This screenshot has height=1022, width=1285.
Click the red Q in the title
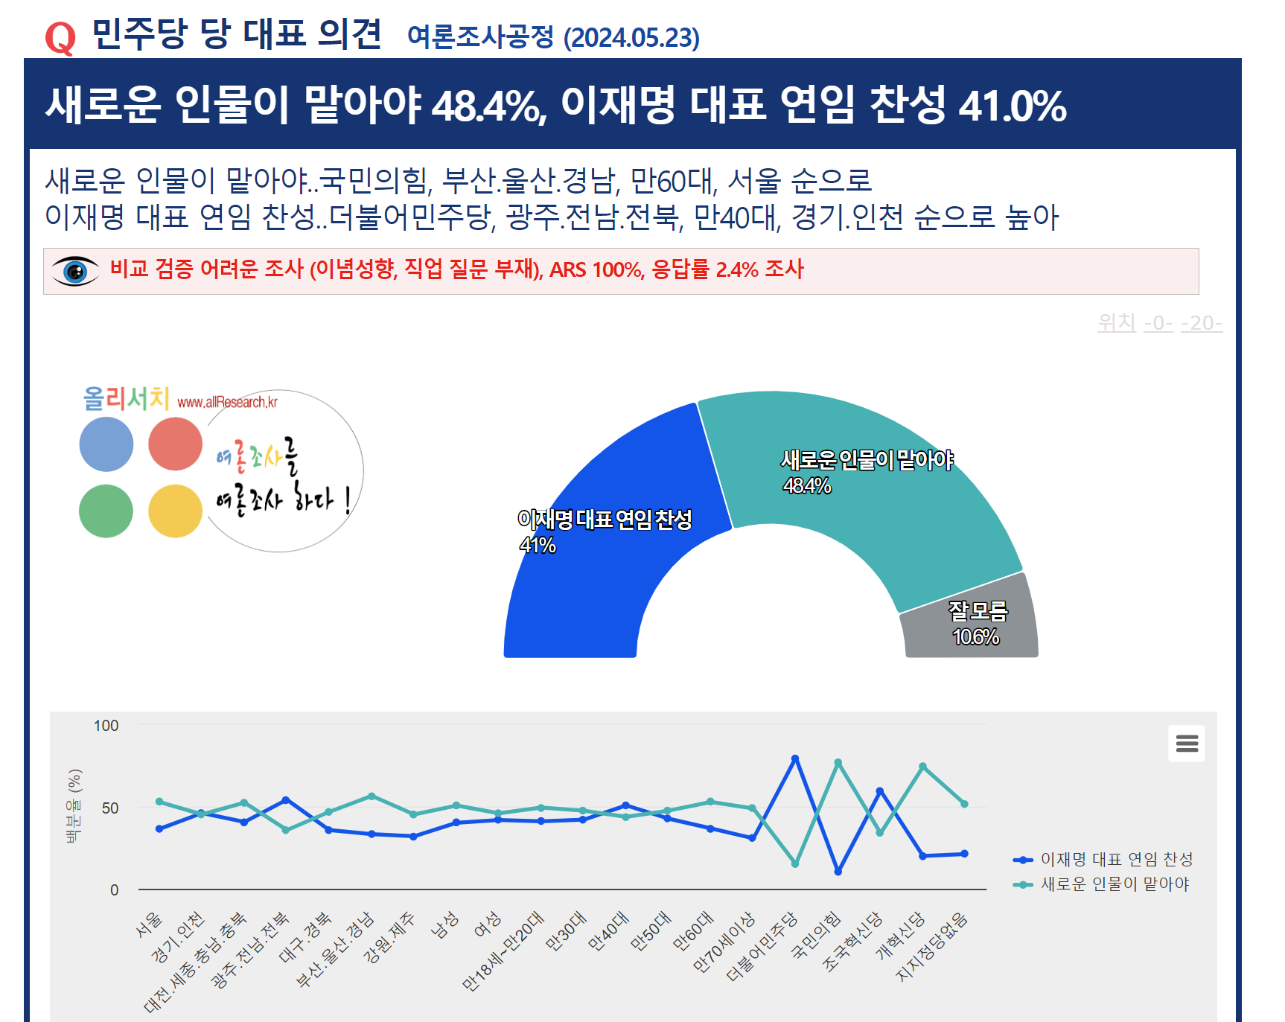tap(60, 37)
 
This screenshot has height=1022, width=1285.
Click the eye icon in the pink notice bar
tap(75, 271)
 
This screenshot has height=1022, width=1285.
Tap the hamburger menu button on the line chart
tap(1187, 743)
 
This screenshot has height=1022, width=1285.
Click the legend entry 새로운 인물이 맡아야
tap(1115, 884)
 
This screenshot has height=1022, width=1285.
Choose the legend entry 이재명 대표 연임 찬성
tap(1116, 860)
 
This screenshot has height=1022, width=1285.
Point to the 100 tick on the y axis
tap(106, 726)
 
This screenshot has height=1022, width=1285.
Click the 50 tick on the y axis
tap(110, 808)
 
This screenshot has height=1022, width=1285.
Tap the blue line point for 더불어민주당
tap(795, 758)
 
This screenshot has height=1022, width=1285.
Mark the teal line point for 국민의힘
tap(838, 762)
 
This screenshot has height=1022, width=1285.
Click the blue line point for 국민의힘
tap(838, 872)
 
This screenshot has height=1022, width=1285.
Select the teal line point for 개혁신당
tap(922, 766)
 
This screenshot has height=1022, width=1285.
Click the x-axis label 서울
tap(150, 924)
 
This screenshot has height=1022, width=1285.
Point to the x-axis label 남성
tap(445, 925)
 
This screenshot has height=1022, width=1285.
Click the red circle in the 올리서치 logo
tap(176, 444)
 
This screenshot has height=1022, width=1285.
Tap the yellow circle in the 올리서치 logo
tap(176, 511)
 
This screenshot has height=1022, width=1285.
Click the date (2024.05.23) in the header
tap(631, 38)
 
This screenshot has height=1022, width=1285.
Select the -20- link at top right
tap(1201, 323)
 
